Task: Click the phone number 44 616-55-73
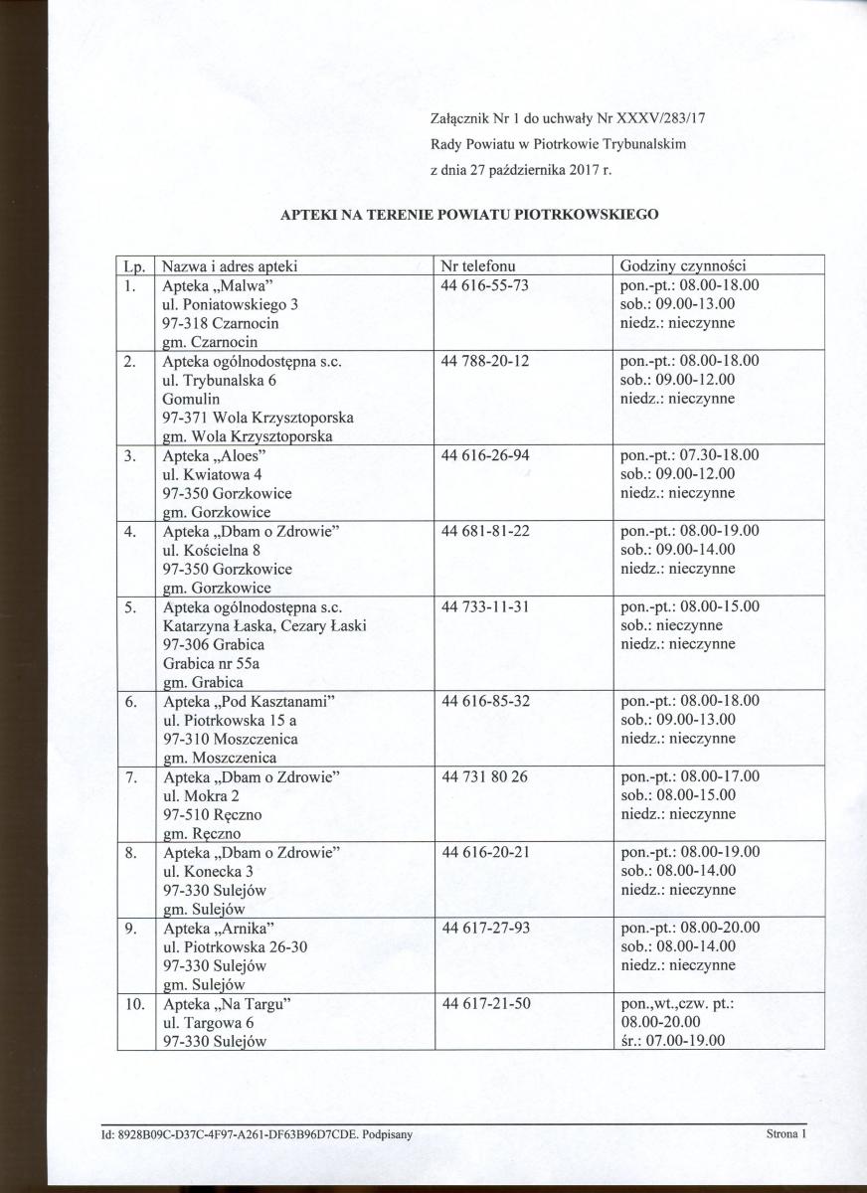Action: [x=484, y=285]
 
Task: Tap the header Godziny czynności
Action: [x=683, y=266]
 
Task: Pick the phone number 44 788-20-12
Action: [x=484, y=361]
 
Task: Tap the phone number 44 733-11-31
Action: [x=484, y=606]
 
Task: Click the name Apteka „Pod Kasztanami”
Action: [x=249, y=701]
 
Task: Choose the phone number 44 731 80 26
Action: [x=484, y=776]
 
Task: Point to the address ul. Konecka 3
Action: [x=209, y=871]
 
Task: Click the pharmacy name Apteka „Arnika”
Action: [x=218, y=928]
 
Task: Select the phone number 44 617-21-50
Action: [x=484, y=1003]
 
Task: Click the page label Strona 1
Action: [x=784, y=1132]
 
